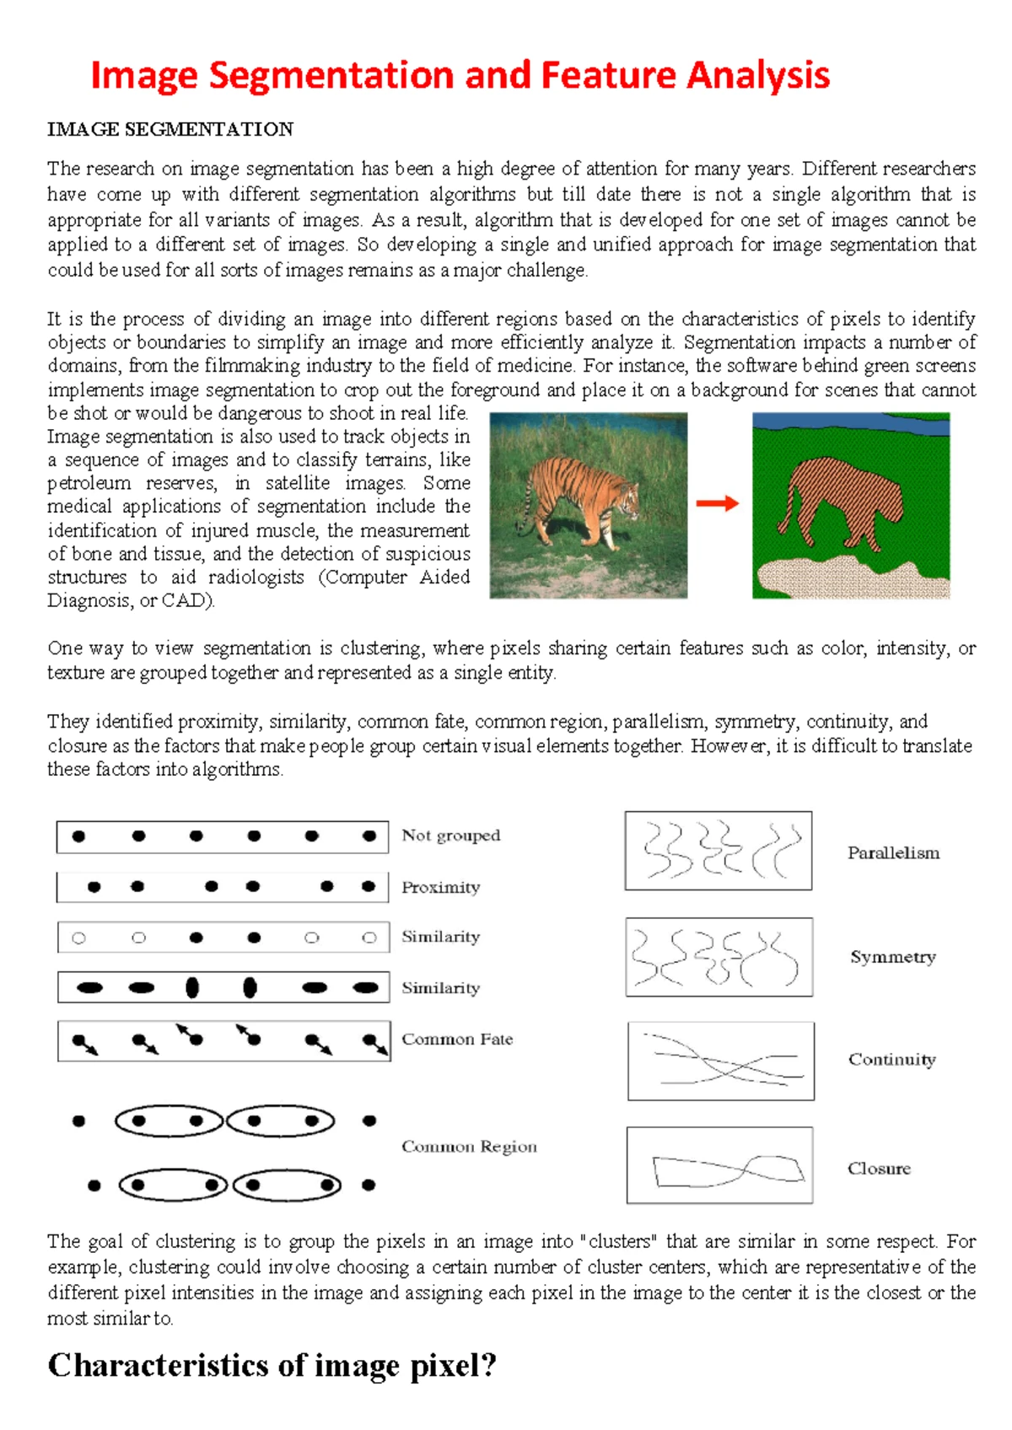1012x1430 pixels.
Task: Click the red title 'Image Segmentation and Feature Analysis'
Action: [x=460, y=76]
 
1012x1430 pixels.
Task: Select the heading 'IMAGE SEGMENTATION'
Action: [x=170, y=129]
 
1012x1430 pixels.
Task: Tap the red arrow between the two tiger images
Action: [x=718, y=503]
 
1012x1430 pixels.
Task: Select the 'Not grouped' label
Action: [x=450, y=836]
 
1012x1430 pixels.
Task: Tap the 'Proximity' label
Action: [x=440, y=887]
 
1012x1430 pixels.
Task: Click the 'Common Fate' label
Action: [x=457, y=1039]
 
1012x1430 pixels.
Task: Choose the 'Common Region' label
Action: [x=469, y=1147]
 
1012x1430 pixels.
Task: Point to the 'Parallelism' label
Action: [x=893, y=853]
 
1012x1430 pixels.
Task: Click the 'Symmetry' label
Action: [x=892, y=957]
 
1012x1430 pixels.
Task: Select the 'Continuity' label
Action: [x=891, y=1060]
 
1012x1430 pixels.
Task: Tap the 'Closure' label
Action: [x=879, y=1169]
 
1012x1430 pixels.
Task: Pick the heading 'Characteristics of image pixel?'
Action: [x=272, y=1365]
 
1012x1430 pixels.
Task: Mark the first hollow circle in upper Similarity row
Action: [x=79, y=938]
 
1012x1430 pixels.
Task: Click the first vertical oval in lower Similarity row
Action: [x=192, y=987]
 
